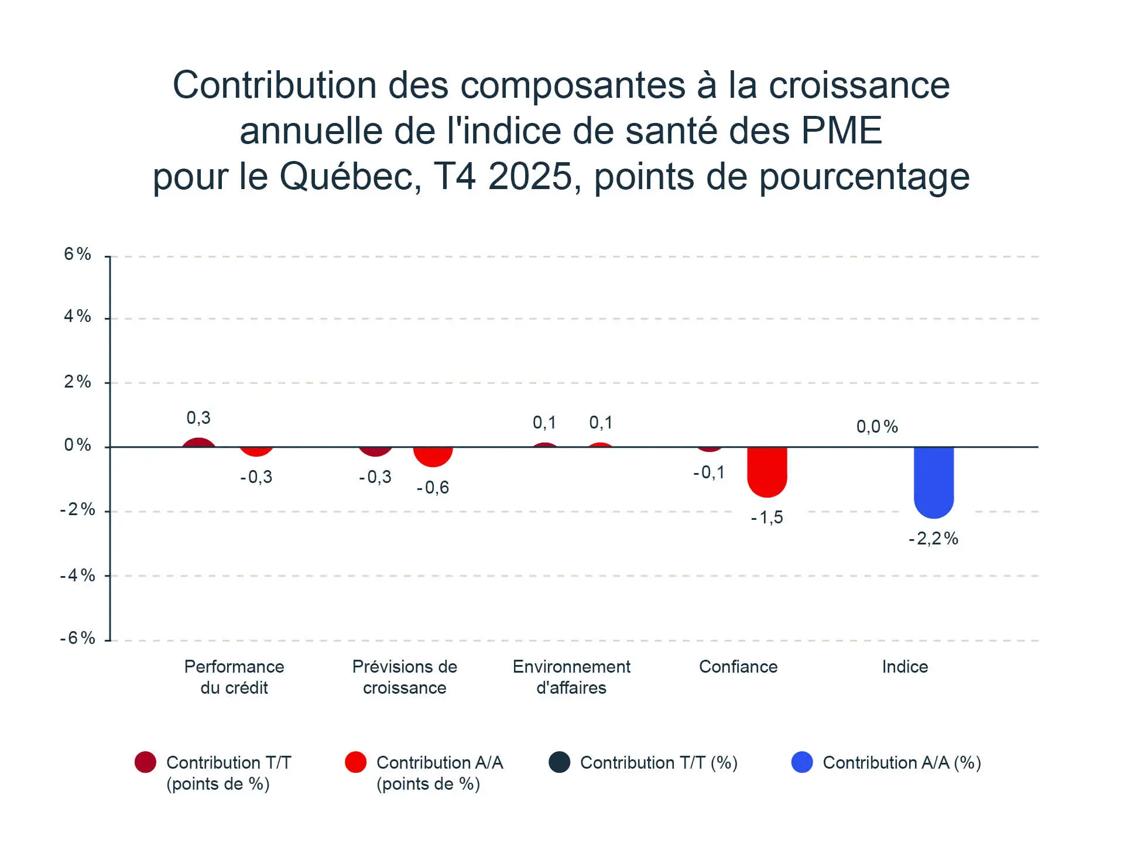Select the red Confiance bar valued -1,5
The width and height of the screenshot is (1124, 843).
[767, 471]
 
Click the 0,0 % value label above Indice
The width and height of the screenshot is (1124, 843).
[877, 427]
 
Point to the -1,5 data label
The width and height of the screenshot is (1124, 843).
[767, 518]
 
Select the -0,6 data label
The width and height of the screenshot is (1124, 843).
[433, 488]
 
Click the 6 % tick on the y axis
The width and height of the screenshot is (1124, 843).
[78, 254]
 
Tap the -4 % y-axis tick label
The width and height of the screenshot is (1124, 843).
[78, 575]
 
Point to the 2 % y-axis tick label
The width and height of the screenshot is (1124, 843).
[78, 382]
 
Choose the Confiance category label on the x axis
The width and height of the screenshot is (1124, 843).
[738, 667]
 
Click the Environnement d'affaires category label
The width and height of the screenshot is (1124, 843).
[571, 677]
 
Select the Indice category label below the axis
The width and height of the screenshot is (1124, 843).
[905, 667]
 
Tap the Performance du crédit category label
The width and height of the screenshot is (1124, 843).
[234, 677]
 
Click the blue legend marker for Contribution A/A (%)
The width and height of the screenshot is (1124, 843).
[802, 762]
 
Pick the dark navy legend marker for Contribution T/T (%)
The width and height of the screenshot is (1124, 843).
[560, 762]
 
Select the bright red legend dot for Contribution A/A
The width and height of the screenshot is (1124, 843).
[356, 762]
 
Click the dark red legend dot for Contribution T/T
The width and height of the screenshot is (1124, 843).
[145, 762]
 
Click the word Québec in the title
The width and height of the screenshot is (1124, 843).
[350, 176]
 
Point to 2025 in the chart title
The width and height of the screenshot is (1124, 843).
[530, 176]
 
